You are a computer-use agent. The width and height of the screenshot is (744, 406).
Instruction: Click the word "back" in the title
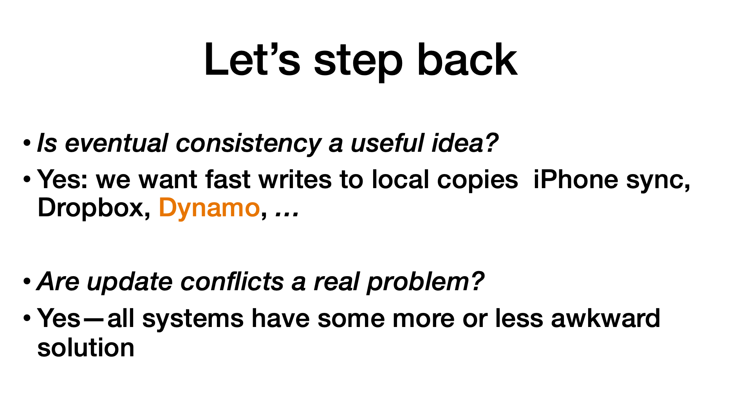tap(467, 59)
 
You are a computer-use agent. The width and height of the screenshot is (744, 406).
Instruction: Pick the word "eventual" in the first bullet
tap(116, 143)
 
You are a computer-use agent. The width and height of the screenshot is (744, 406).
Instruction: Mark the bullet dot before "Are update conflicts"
tap(27, 281)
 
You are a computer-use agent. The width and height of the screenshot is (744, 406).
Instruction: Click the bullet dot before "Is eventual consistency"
tap(27, 143)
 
